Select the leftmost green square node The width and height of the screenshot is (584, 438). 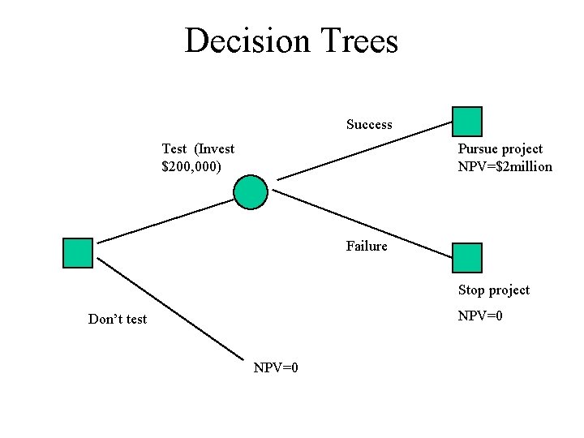coord(78,253)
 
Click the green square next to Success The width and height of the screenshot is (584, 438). coord(467,121)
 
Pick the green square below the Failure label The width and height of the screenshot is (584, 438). coord(467,257)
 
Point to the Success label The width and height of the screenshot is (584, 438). coord(369,125)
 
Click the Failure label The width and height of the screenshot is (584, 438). coord(367,246)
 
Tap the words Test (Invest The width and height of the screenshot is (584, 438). coord(198,148)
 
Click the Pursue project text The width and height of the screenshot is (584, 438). coord(500,148)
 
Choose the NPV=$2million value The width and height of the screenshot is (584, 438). coord(505,166)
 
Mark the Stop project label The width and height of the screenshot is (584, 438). coord(494,290)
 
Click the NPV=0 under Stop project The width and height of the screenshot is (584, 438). coord(480,316)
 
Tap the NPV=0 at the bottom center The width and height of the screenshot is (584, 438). coord(276,368)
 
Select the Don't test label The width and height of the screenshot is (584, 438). coord(118,319)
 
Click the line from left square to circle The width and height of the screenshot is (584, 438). coord(165,221)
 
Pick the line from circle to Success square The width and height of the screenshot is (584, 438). coord(365,151)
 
